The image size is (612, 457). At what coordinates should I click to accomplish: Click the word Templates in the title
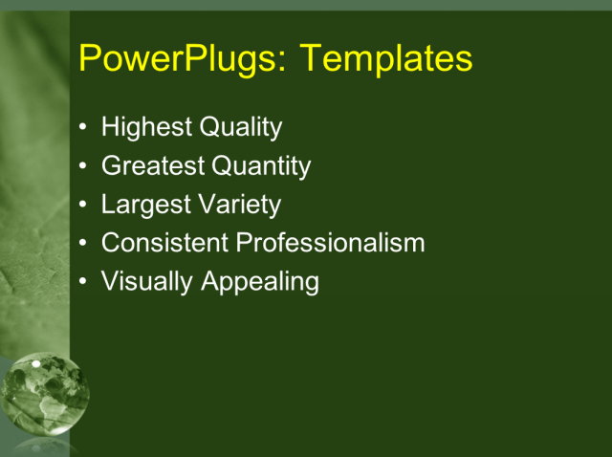(x=386, y=59)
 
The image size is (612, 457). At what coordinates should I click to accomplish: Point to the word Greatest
(x=153, y=166)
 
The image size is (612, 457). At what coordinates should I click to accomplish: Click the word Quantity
(x=261, y=166)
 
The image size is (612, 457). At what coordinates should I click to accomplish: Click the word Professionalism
(x=331, y=243)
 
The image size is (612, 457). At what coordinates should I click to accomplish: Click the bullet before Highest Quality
(x=84, y=127)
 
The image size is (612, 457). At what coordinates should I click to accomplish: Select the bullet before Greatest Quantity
(x=84, y=166)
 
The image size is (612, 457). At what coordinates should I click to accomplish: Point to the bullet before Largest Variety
(x=84, y=205)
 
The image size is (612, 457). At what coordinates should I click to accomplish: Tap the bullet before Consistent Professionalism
(x=84, y=243)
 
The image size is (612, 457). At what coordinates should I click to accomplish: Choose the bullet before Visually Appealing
(x=84, y=282)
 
